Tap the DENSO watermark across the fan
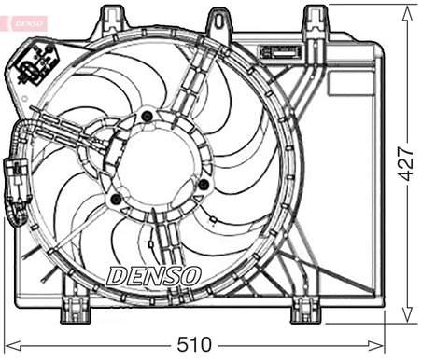(x=154, y=275)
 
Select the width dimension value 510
(x=193, y=344)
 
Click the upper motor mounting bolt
(x=146, y=117)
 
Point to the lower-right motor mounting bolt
(x=202, y=184)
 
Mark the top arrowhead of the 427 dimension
(x=407, y=9)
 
